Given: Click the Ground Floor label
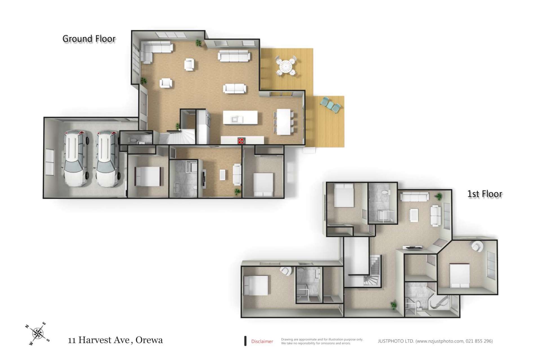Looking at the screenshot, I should (x=89, y=39).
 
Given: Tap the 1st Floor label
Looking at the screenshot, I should (x=485, y=194).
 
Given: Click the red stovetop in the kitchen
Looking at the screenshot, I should (x=241, y=141).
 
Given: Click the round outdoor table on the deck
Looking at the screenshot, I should (x=286, y=66).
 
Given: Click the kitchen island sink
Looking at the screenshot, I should (x=235, y=120).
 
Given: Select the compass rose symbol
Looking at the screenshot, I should (x=37, y=334).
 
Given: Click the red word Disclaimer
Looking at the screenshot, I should (x=262, y=341).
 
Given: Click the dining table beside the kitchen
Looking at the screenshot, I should (x=283, y=121).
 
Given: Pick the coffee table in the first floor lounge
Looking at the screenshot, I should (x=414, y=215).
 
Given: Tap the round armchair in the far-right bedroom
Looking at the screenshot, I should (x=478, y=246).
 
